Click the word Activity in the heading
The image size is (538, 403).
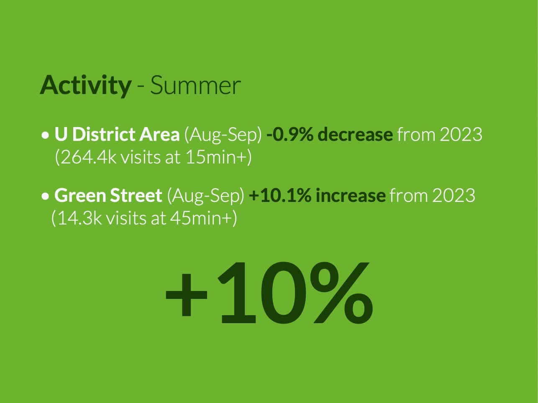coord(85,85)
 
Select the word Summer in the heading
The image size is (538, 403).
coord(195,85)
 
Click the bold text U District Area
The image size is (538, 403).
coord(117,135)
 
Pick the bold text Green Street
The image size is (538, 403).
coord(108,195)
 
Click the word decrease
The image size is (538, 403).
coord(355,135)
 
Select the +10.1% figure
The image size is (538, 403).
coord(280,195)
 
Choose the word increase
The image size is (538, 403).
coord(350,195)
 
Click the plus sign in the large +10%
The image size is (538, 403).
coord(187,293)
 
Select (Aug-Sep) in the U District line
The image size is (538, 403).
coord(223,135)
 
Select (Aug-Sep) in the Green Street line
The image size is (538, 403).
coord(205,195)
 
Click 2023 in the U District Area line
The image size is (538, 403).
coord(461,135)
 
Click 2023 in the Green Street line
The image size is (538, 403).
coord(453,195)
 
